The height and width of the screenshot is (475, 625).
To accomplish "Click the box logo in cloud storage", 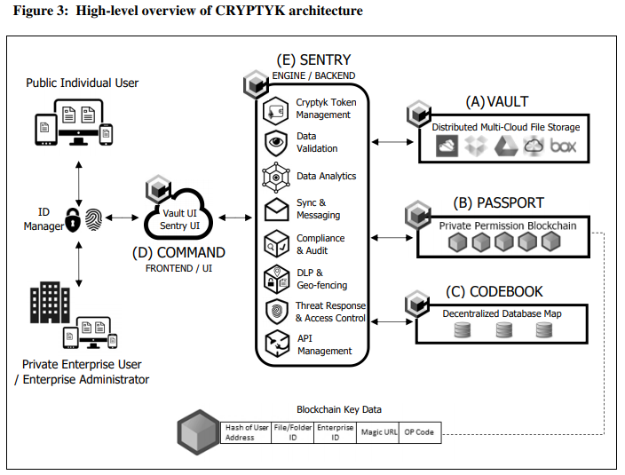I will coord(564,146).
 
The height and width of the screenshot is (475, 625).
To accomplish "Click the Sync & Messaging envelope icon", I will coord(276,210).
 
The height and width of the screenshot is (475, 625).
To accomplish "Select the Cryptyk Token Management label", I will coord(323,108).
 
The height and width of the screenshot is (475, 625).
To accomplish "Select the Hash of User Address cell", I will coord(246,432).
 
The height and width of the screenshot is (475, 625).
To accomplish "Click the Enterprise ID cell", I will coord(334,432).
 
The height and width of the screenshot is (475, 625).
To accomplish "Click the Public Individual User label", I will coord(82,83).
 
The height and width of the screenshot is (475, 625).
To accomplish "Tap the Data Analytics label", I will coord(326,176).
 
